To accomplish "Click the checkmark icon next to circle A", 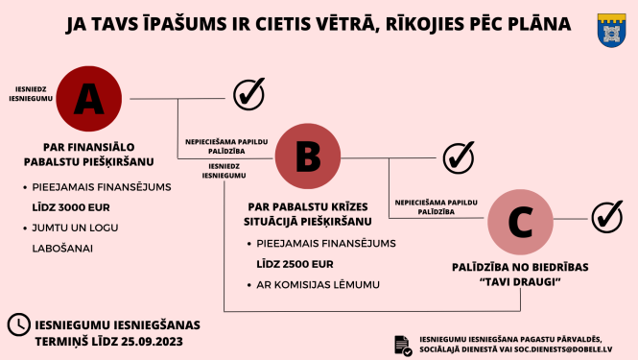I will click(x=248, y=94).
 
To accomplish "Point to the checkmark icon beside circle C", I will click(x=606, y=217).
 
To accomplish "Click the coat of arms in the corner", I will click(x=610, y=30).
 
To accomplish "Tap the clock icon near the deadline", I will click(x=17, y=324).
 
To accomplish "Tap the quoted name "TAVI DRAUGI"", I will click(x=520, y=282).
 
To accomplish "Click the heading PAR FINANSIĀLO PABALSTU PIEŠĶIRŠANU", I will click(x=87, y=156).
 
